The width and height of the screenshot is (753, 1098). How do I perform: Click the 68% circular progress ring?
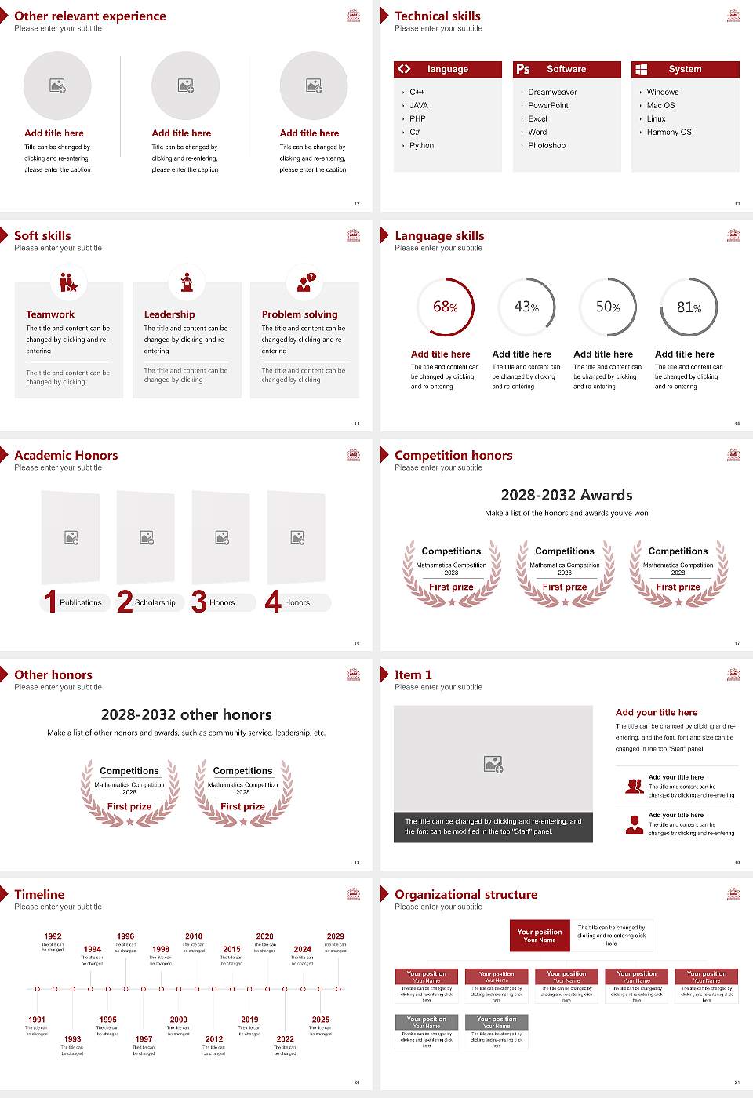pyautogui.click(x=446, y=307)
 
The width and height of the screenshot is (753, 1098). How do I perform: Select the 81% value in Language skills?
pyautogui.click(x=689, y=307)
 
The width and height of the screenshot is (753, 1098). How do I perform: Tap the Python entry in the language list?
pyautogui.click(x=421, y=146)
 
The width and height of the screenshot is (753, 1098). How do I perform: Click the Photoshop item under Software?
pyautogui.click(x=547, y=146)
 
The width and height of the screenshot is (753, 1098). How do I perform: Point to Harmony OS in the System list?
pyautogui.click(x=669, y=133)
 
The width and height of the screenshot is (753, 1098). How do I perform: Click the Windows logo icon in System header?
pyautogui.click(x=642, y=69)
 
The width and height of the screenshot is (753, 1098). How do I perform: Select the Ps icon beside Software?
pyautogui.click(x=523, y=69)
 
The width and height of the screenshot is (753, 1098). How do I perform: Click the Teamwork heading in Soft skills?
pyautogui.click(x=50, y=314)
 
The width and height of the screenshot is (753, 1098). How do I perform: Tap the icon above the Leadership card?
pyautogui.click(x=187, y=282)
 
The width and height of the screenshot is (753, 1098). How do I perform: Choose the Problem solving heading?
pyautogui.click(x=300, y=314)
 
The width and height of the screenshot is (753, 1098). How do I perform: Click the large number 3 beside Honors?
pyautogui.click(x=199, y=602)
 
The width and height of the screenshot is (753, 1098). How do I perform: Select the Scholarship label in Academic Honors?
pyautogui.click(x=155, y=603)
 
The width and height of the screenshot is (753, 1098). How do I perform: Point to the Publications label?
pyautogui.click(x=81, y=603)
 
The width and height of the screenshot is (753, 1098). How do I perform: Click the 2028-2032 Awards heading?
pyautogui.click(x=566, y=495)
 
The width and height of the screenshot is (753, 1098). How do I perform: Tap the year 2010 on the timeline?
pyautogui.click(x=194, y=936)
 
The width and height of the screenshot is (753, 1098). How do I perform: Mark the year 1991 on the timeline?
pyautogui.click(x=37, y=1020)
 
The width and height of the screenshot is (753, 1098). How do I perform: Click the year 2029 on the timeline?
pyautogui.click(x=336, y=936)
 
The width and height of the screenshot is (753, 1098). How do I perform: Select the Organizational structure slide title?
pyautogui.click(x=466, y=894)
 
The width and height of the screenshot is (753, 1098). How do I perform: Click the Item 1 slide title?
pyautogui.click(x=413, y=674)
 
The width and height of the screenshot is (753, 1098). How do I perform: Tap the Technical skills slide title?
pyautogui.click(x=438, y=16)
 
